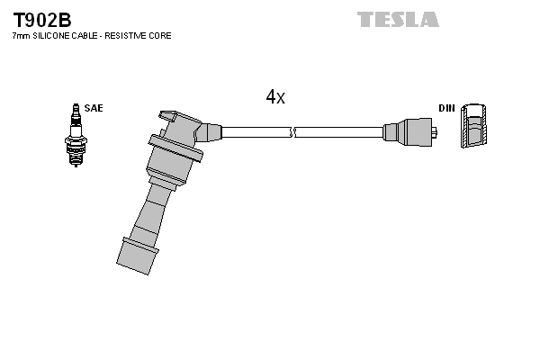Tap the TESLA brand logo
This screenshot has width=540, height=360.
coord(398,19)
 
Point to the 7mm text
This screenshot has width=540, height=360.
coord(19,36)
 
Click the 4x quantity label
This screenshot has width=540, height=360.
coord(275,97)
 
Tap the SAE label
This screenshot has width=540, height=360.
coord(94,108)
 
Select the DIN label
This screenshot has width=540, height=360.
coord(446,108)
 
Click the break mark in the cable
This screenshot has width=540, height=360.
coord(293,132)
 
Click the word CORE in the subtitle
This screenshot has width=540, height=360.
coord(159,36)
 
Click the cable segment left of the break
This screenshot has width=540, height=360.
coord(256,132)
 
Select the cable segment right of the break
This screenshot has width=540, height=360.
coord(337,132)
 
